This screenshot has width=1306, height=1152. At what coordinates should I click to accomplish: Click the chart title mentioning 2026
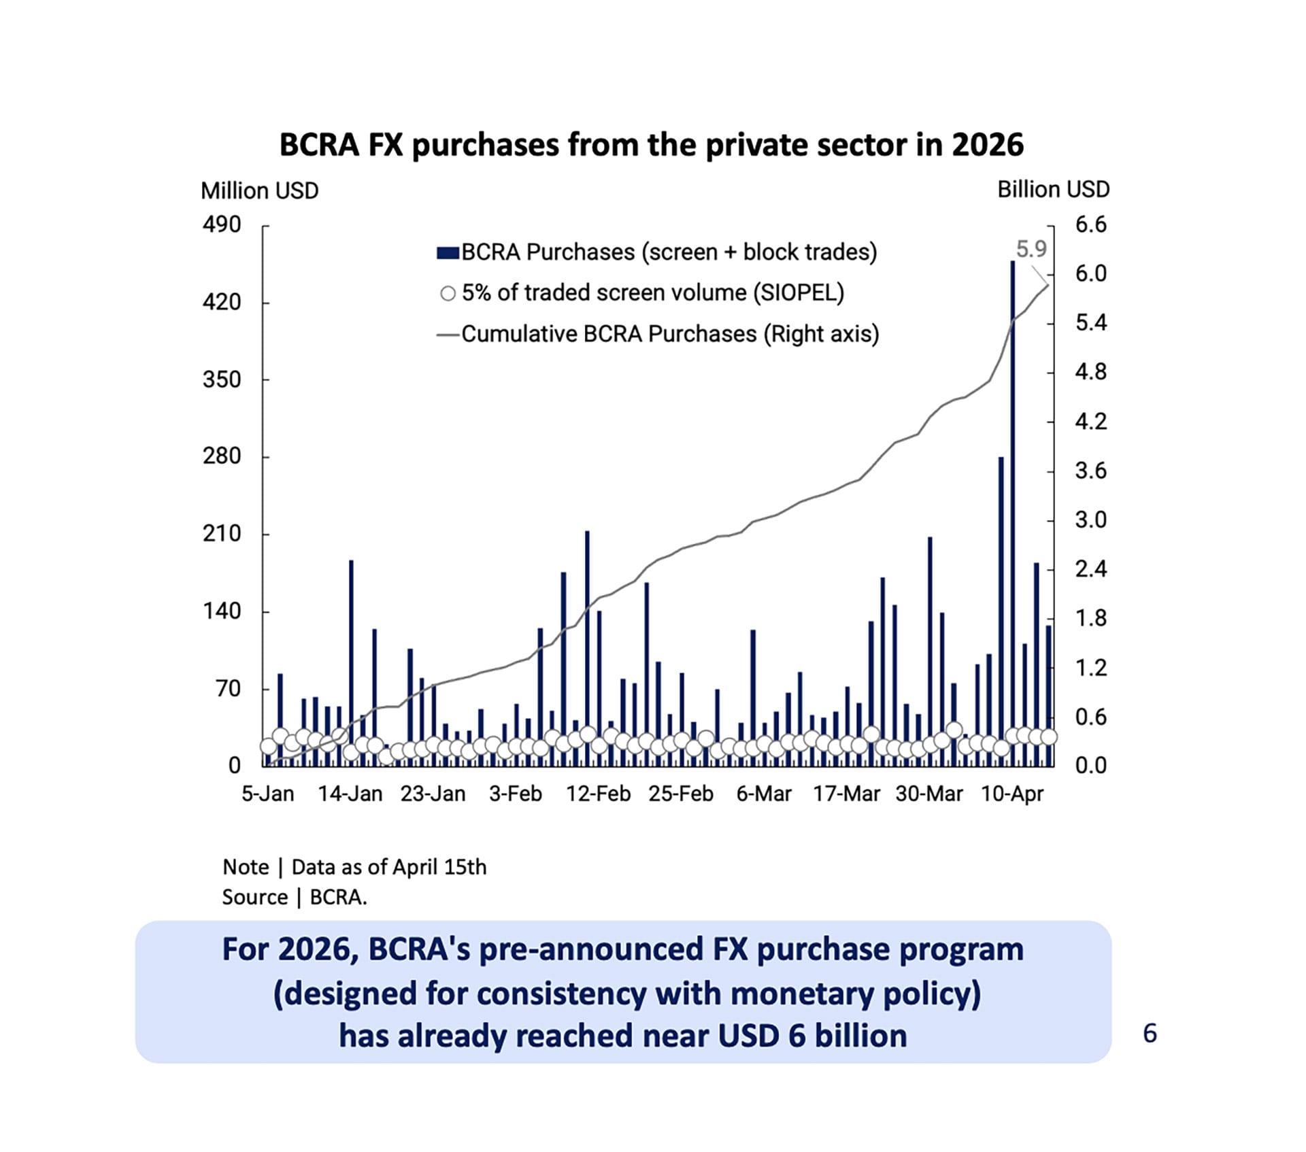tap(651, 145)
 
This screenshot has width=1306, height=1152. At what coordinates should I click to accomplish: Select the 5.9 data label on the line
tap(1031, 250)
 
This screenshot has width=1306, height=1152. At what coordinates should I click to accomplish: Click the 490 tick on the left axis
tap(222, 224)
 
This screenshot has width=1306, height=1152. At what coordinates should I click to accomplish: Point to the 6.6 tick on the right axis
tap(1090, 224)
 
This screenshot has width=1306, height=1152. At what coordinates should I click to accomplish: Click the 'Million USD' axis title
tap(259, 191)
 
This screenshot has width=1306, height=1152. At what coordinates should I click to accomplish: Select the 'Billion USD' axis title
tap(1053, 190)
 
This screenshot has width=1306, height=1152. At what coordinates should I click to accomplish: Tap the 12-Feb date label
tap(598, 794)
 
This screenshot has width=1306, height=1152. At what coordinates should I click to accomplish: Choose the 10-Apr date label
tap(1011, 794)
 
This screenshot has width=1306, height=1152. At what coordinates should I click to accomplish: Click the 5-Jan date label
tap(268, 794)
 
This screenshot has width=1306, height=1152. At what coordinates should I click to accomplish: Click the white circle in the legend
tap(448, 294)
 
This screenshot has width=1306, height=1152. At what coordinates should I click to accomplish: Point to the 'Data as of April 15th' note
tap(388, 867)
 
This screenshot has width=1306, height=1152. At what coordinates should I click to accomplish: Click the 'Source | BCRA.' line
tap(294, 897)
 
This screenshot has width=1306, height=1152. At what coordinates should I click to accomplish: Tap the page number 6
tap(1150, 1033)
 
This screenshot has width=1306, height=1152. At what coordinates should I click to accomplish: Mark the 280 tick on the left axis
tap(222, 456)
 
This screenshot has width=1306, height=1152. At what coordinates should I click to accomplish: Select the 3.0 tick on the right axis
tap(1090, 520)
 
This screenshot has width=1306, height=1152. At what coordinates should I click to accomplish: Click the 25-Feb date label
tap(680, 794)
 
